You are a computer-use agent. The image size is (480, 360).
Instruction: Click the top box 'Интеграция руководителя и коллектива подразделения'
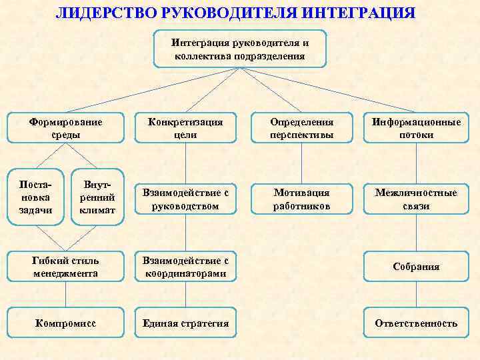click(x=240, y=49)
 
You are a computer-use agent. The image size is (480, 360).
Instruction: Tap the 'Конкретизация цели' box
click(x=185, y=129)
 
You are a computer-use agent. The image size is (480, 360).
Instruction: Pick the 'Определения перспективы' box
click(x=301, y=129)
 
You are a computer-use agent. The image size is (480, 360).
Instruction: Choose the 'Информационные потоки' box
click(x=416, y=129)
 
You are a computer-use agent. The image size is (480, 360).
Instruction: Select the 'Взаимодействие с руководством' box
click(x=185, y=199)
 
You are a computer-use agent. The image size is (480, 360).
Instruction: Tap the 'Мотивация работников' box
click(x=301, y=199)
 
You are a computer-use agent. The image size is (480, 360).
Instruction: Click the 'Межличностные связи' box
click(x=416, y=199)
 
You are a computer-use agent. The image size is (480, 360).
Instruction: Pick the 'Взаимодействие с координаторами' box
click(x=185, y=267)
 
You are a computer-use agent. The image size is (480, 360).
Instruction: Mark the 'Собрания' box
click(x=416, y=267)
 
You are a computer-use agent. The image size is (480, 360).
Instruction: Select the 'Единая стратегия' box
click(x=185, y=323)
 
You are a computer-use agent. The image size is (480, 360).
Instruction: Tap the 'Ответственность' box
click(x=416, y=323)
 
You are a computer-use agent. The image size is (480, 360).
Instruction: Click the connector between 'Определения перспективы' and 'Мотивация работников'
click(x=301, y=163)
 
